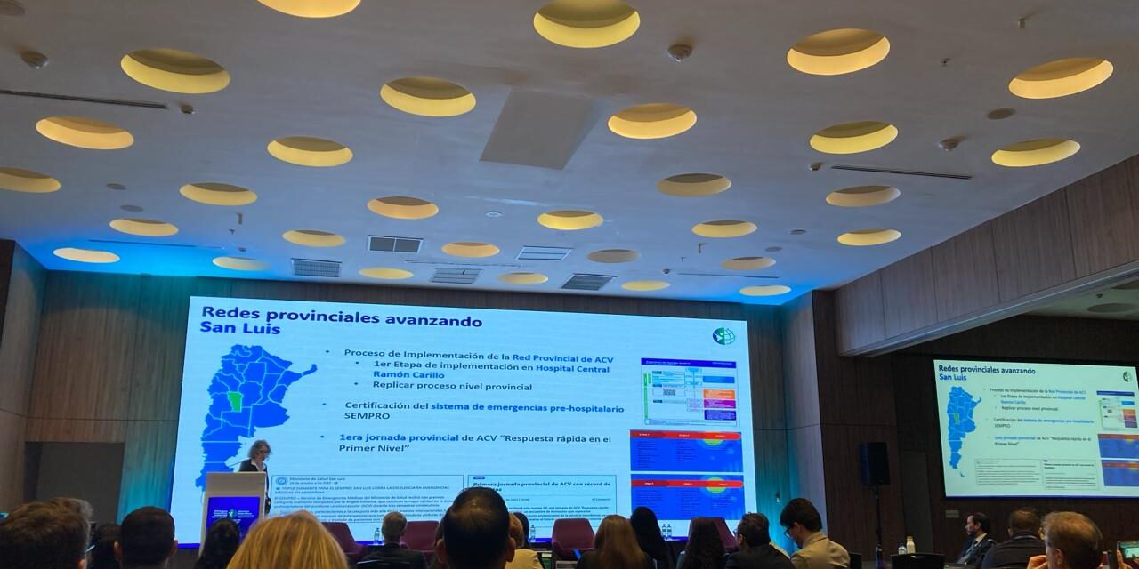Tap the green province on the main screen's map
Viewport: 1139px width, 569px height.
[235, 401]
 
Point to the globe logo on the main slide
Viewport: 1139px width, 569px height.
[723, 336]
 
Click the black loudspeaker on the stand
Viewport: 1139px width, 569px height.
[874, 463]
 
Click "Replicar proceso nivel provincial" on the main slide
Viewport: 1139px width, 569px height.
[452, 386]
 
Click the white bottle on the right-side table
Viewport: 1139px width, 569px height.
[909, 544]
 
